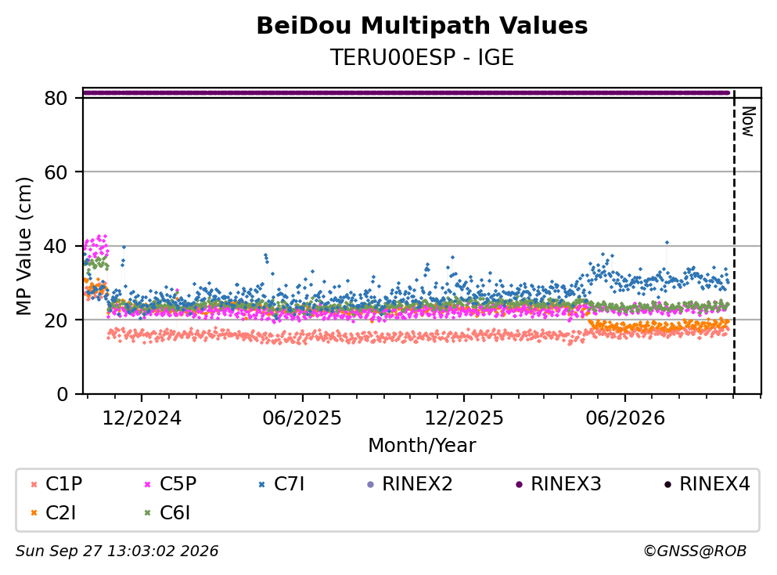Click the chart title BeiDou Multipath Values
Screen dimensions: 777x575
(422, 26)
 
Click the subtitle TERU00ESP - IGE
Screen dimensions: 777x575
(422, 57)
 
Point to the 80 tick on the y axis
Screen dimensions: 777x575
(56, 98)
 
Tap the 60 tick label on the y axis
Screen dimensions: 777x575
(56, 172)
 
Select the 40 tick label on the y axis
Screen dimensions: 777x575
(56, 246)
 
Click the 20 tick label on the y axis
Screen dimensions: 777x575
(56, 320)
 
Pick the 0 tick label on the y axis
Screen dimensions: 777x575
(62, 394)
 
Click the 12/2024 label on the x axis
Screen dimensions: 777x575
(142, 418)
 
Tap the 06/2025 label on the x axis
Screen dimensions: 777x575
(302, 418)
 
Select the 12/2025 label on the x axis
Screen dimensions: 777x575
(464, 418)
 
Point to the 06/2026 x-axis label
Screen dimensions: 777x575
(625, 418)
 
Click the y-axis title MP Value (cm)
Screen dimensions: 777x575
(23, 246)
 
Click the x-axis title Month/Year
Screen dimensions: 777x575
(422, 445)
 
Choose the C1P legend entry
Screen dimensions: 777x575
(56, 483)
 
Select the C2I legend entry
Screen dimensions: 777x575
(53, 513)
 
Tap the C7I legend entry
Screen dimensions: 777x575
(282, 483)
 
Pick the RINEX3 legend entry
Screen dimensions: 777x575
(559, 483)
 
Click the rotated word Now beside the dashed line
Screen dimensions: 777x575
(748, 121)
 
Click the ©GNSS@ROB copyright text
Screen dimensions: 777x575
(695, 551)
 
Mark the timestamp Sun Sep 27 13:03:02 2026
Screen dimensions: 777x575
(117, 551)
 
